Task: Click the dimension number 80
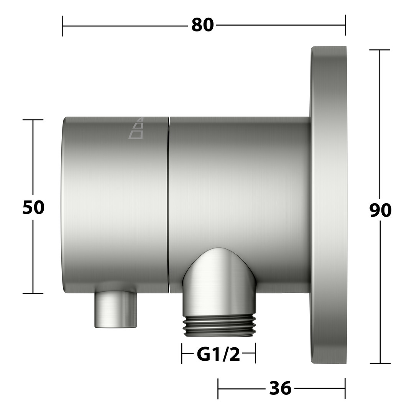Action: click(x=202, y=25)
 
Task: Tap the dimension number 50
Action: click(x=33, y=207)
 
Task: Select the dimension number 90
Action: click(x=380, y=210)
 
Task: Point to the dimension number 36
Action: click(x=280, y=388)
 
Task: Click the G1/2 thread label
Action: click(x=219, y=355)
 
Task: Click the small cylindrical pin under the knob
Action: click(x=116, y=309)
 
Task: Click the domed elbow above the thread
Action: click(x=219, y=280)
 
